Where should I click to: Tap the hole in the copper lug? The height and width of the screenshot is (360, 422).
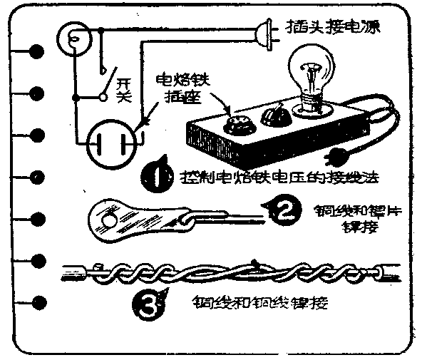tap(109, 220)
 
